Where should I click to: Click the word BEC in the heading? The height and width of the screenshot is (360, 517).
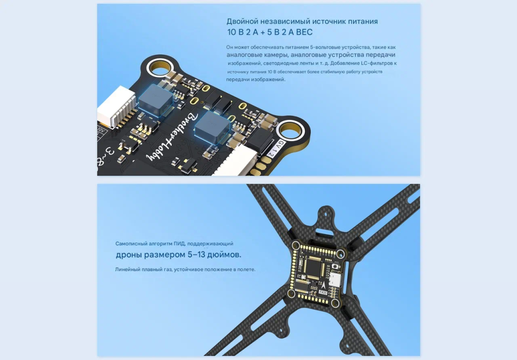coord(304,32)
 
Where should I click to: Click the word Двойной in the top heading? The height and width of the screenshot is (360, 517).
coord(242,21)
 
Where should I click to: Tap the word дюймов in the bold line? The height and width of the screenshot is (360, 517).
coord(225,254)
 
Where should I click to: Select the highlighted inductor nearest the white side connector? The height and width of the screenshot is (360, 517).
coord(156,99)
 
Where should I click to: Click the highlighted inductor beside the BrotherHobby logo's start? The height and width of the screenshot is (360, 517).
coord(212,127)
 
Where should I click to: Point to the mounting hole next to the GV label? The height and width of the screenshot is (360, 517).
coord(290,132)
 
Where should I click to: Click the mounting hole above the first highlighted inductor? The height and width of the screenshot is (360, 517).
coord(160,70)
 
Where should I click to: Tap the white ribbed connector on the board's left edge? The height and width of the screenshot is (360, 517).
coord(116,106)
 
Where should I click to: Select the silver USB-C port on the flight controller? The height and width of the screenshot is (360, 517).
coord(335,279)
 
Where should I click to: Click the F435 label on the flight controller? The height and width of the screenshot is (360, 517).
coord(323,292)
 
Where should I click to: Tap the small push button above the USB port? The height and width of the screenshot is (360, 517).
coord(336,266)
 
